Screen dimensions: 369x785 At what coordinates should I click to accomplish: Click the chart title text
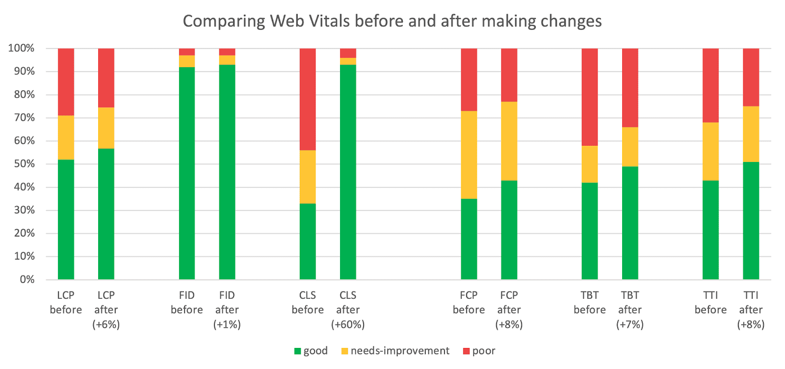[x=392, y=21]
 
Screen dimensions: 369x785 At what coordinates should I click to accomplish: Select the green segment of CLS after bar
[x=348, y=172]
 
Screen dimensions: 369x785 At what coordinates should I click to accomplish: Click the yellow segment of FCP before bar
[x=469, y=155]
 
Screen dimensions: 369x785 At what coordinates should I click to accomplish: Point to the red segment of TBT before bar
[x=590, y=97]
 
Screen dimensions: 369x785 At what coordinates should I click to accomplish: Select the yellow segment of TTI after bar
[x=751, y=134]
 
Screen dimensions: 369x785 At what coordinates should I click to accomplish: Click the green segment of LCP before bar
[x=66, y=219]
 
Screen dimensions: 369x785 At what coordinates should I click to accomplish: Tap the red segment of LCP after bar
[x=106, y=78]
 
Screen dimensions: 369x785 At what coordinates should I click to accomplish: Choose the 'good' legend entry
[x=311, y=351]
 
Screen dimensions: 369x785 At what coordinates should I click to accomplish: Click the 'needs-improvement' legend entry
[x=395, y=351]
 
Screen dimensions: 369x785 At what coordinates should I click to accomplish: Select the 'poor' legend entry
[x=479, y=351]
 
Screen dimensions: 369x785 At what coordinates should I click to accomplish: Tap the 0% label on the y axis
[x=27, y=279]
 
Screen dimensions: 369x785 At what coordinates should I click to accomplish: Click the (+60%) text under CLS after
[x=348, y=324]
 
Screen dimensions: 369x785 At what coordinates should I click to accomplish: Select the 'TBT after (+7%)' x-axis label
[x=630, y=310]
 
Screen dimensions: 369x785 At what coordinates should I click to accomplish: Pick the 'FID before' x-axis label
[x=186, y=303]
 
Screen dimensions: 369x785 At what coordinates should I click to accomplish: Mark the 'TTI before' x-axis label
[x=710, y=303]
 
